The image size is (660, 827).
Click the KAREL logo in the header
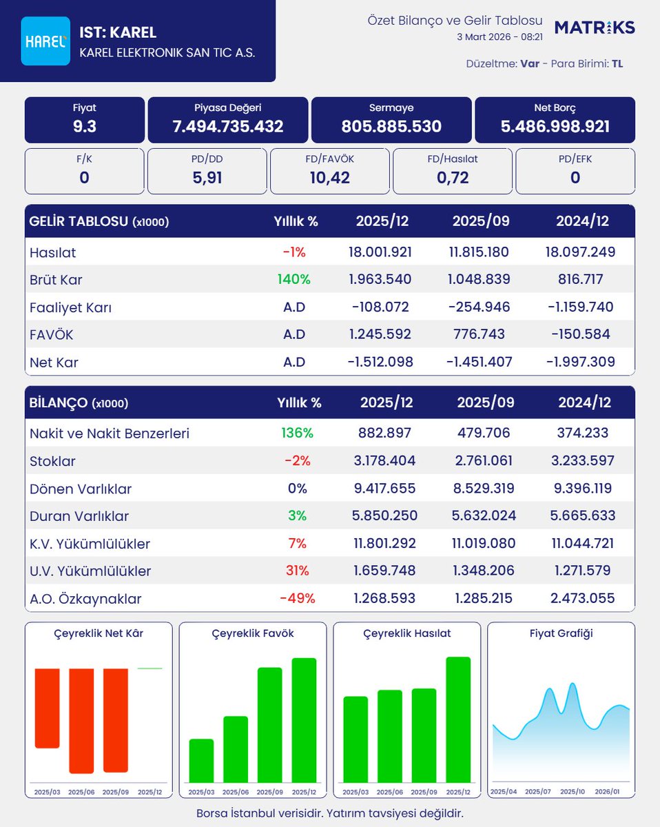(x=45, y=41)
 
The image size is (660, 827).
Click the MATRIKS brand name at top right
(x=595, y=28)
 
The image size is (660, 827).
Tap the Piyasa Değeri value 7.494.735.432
(x=228, y=127)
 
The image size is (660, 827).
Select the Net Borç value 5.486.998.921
(x=555, y=127)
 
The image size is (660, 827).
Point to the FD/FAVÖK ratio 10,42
(x=330, y=178)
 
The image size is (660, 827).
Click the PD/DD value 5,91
(x=207, y=178)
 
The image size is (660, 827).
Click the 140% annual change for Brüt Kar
(x=294, y=280)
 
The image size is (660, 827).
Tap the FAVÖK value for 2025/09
(x=480, y=334)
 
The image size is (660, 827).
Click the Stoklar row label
(x=52, y=461)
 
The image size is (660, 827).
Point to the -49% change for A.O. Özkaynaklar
(x=297, y=598)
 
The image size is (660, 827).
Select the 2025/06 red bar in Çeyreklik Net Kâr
(x=81, y=720)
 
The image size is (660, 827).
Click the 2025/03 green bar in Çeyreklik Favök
(x=201, y=760)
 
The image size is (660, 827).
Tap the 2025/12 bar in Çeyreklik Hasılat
(x=458, y=719)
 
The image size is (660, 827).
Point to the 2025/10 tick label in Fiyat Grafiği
(x=573, y=793)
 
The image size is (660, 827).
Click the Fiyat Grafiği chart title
(x=561, y=633)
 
